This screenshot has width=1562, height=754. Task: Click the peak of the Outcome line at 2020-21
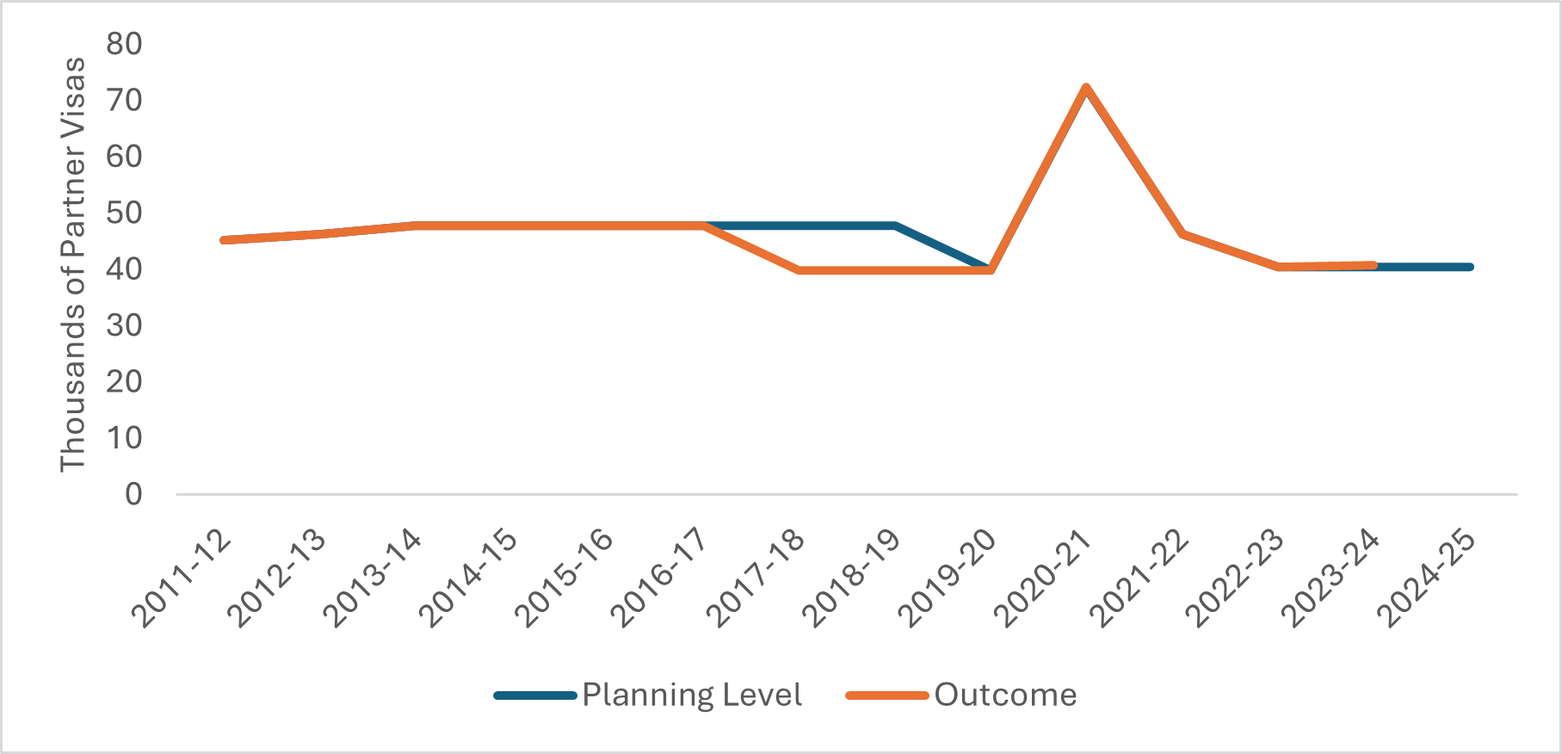point(1086,87)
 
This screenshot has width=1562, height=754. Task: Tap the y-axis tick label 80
point(125,44)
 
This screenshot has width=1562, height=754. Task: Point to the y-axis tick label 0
point(133,495)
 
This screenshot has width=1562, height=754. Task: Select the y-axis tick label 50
point(125,213)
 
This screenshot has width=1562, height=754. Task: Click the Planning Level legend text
point(692,695)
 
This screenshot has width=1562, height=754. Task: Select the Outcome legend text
point(1005,695)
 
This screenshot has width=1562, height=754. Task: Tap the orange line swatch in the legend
point(887,695)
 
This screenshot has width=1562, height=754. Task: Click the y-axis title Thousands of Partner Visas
point(74,264)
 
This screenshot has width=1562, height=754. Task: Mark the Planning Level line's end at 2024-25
point(1470,267)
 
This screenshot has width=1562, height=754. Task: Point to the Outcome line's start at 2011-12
point(224,240)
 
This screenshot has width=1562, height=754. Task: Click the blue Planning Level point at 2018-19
point(895,226)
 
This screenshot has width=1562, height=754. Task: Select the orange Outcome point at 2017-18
point(800,270)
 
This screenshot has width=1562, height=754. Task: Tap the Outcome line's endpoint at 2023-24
point(1374,265)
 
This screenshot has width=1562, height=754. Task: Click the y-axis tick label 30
point(125,325)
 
